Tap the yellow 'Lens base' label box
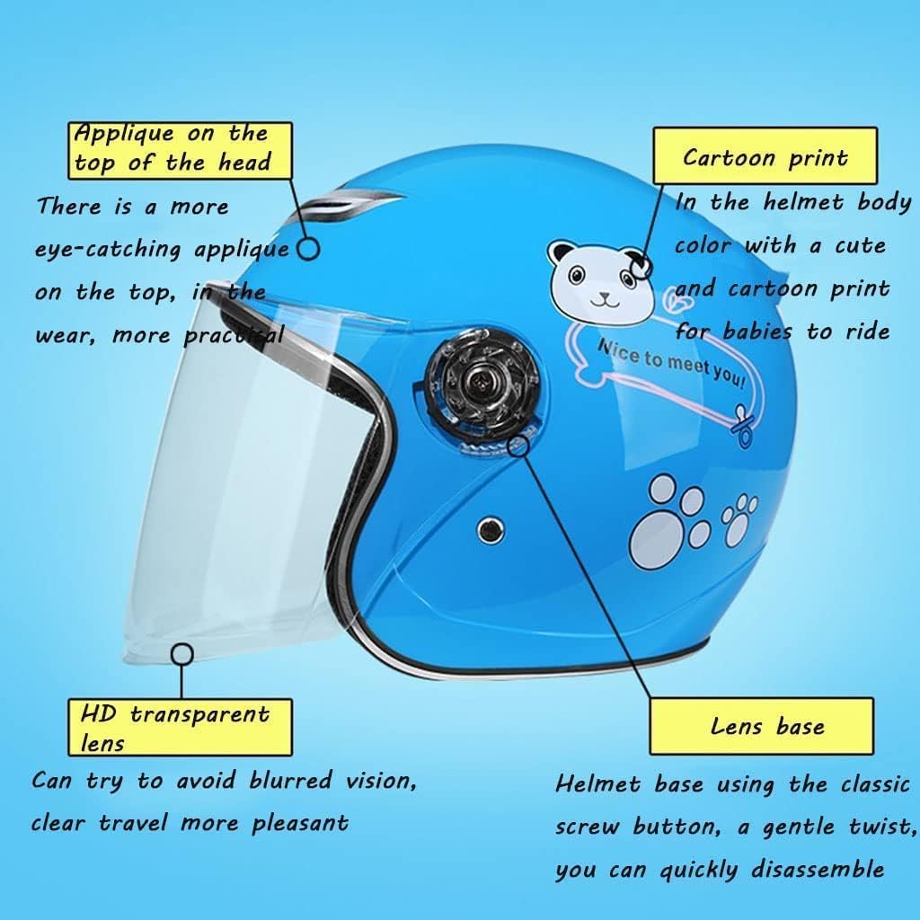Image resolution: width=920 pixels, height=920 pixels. (x=761, y=726)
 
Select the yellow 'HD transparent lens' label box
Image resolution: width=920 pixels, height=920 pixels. (x=181, y=727)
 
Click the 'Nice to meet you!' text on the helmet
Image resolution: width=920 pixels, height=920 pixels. (x=670, y=364)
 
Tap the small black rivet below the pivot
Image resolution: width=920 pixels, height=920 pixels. (x=490, y=529)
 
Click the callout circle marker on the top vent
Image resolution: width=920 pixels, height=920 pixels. (x=308, y=249)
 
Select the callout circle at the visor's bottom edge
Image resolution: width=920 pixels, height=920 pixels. (x=182, y=652)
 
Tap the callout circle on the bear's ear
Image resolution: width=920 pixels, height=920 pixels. (x=641, y=265)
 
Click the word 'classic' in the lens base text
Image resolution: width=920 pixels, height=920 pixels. (x=875, y=784)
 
